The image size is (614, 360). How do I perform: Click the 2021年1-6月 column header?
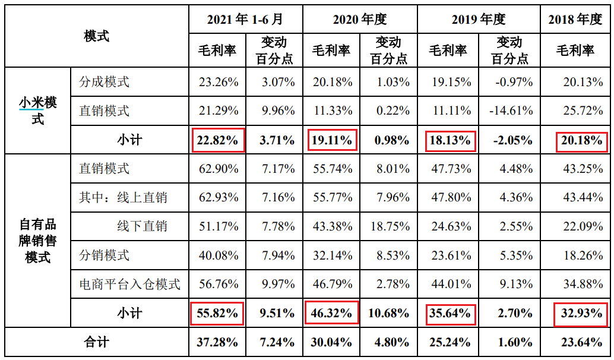pyautogui.click(x=246, y=20)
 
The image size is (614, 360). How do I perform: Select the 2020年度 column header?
pyautogui.click(x=360, y=20)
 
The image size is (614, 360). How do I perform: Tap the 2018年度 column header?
pyautogui.click(x=575, y=20)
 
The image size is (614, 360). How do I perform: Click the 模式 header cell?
pyautogui.click(x=97, y=36)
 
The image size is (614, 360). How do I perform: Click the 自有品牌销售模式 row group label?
pyautogui.click(x=37, y=241)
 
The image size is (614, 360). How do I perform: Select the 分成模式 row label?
pyautogui.click(x=105, y=82)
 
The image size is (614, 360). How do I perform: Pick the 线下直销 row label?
pyautogui.click(x=142, y=226)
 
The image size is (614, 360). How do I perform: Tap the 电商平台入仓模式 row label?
pyautogui.click(x=129, y=284)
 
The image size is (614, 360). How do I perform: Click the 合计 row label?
pyautogui.click(x=97, y=342)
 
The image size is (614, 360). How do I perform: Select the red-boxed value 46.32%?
pyautogui.click(x=332, y=312)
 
